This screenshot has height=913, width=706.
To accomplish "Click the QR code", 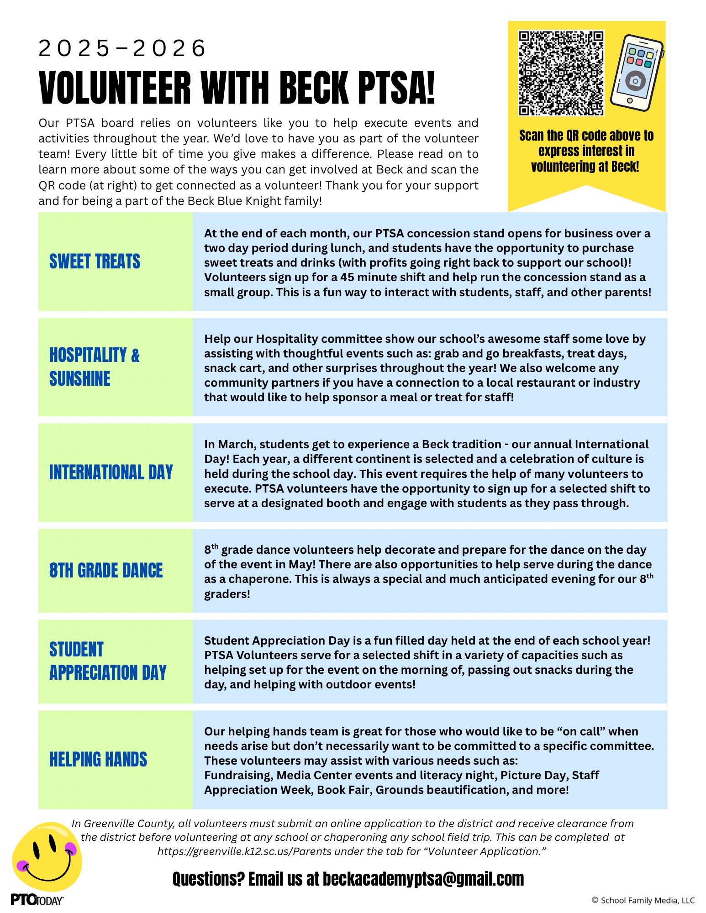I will [x=561, y=73].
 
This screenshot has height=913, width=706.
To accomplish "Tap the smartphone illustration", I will [x=636, y=73].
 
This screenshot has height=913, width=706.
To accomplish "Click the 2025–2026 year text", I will [x=122, y=48].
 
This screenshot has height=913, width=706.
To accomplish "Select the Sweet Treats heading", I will [x=95, y=262].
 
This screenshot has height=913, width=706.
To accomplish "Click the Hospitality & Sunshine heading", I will [x=94, y=367].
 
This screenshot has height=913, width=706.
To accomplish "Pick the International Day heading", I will [x=111, y=472].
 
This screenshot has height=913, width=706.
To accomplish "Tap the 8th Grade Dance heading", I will [x=106, y=571].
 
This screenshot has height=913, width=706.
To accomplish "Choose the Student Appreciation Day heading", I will [x=108, y=661].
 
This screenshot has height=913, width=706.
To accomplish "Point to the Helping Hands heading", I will [x=98, y=760].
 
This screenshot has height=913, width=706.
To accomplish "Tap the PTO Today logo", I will [x=37, y=900].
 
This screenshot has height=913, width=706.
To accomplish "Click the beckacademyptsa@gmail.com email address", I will [x=423, y=879].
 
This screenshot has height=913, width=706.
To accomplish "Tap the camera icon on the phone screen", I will [x=635, y=81].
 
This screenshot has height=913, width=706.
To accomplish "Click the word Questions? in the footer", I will [x=208, y=879].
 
